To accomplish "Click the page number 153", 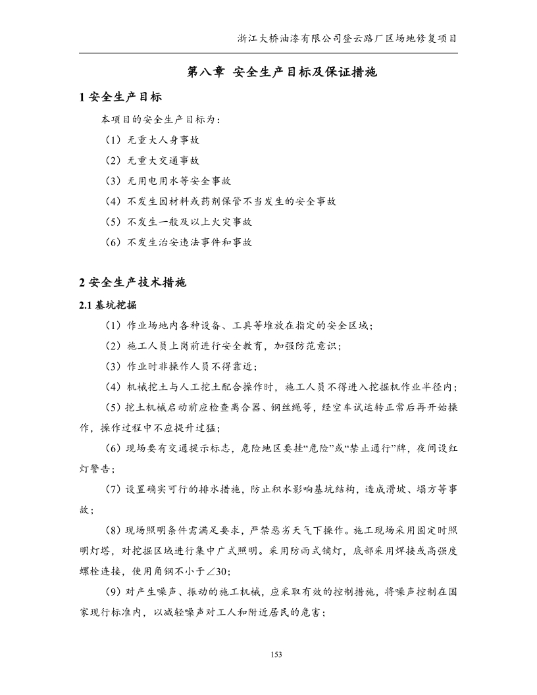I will click(276, 654).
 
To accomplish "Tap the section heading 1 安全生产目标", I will click(120, 97).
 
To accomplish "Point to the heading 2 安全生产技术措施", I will click(134, 283).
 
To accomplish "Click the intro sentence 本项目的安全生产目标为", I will click(161, 120).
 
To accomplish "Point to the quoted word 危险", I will click(311, 449).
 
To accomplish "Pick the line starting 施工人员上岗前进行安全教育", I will click(224, 346).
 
